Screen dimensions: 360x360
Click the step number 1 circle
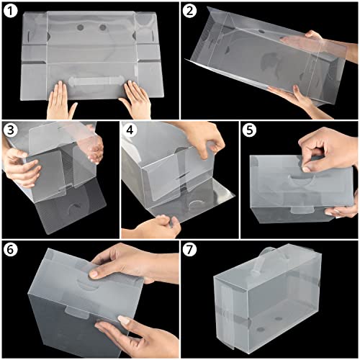[x=11, y=11]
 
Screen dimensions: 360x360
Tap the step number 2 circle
[x=189, y=11]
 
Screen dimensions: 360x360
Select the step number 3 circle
[x=11, y=130]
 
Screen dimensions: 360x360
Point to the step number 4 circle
[x=130, y=130]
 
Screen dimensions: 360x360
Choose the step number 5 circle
[x=249, y=130]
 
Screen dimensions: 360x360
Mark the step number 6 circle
[x=11, y=250]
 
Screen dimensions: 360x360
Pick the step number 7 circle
[x=189, y=250]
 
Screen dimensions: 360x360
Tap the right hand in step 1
[x=137, y=101]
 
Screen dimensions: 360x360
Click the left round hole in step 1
[x=80, y=27]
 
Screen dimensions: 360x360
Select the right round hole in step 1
[x=103, y=27]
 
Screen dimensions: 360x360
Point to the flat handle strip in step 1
[x=96, y=81]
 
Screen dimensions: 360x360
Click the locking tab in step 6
[x=76, y=312]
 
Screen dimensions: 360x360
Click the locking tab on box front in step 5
[x=302, y=210]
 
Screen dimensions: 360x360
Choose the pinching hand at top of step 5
[x=329, y=150]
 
